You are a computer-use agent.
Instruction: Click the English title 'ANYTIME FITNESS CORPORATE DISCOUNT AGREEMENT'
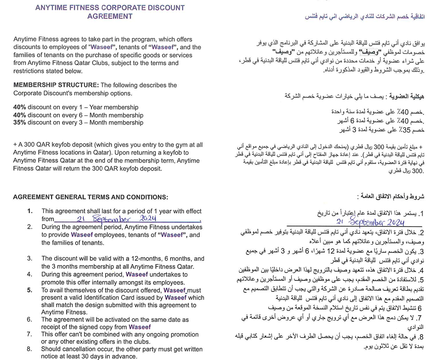[x=110, y=12]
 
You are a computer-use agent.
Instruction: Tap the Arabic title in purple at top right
[x=367, y=16]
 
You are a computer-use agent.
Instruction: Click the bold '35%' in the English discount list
[x=20, y=123]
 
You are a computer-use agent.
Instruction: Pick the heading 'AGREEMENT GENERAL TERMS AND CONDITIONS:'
[x=91, y=197]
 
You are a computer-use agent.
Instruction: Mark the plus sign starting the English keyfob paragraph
[x=15, y=144]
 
